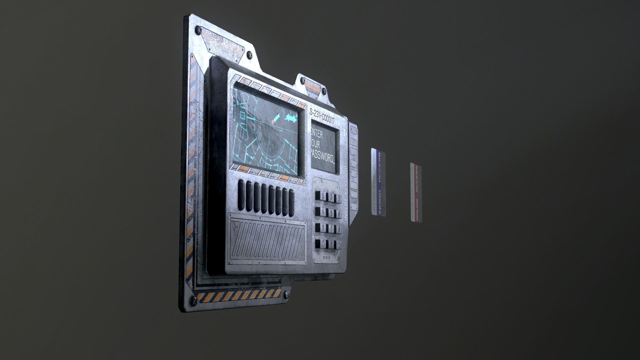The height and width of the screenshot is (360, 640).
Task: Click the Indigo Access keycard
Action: (x=378, y=183)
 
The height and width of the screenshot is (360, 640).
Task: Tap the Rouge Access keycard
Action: (x=416, y=193)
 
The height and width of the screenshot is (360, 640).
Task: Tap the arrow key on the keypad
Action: (x=338, y=244)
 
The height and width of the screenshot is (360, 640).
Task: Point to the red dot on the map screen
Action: (x=273, y=122)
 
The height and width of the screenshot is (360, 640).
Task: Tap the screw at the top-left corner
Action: (x=198, y=30)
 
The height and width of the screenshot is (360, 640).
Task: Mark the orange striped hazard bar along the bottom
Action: (x=238, y=295)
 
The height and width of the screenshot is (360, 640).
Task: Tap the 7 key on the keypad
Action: (x=319, y=228)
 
